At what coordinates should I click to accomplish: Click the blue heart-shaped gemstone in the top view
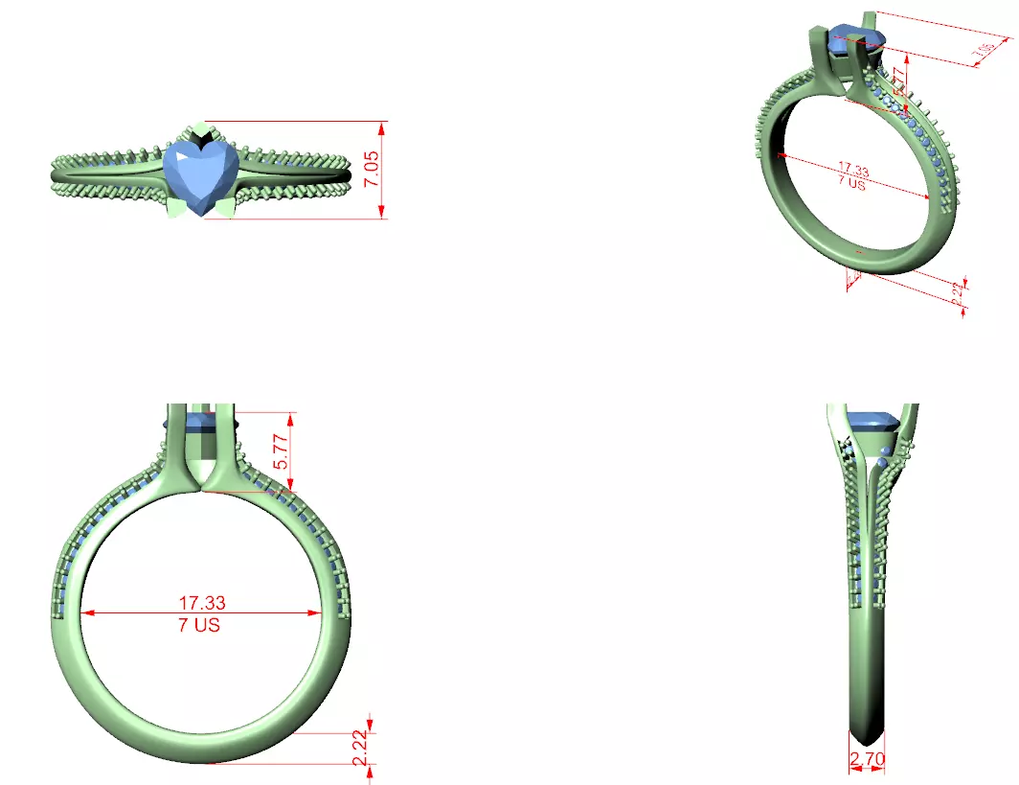point(200,174)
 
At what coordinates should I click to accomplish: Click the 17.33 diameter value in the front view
point(202,603)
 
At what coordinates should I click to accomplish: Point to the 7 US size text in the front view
point(202,625)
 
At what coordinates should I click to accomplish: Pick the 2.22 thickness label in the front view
point(359,748)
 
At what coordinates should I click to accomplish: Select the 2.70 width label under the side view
point(867,763)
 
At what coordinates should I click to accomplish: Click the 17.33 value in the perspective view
point(852,172)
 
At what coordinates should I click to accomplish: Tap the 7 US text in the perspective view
point(850,184)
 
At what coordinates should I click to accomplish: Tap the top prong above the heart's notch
point(200,130)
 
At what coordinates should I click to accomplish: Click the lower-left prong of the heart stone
point(177,206)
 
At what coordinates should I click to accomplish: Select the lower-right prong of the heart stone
point(226,206)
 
